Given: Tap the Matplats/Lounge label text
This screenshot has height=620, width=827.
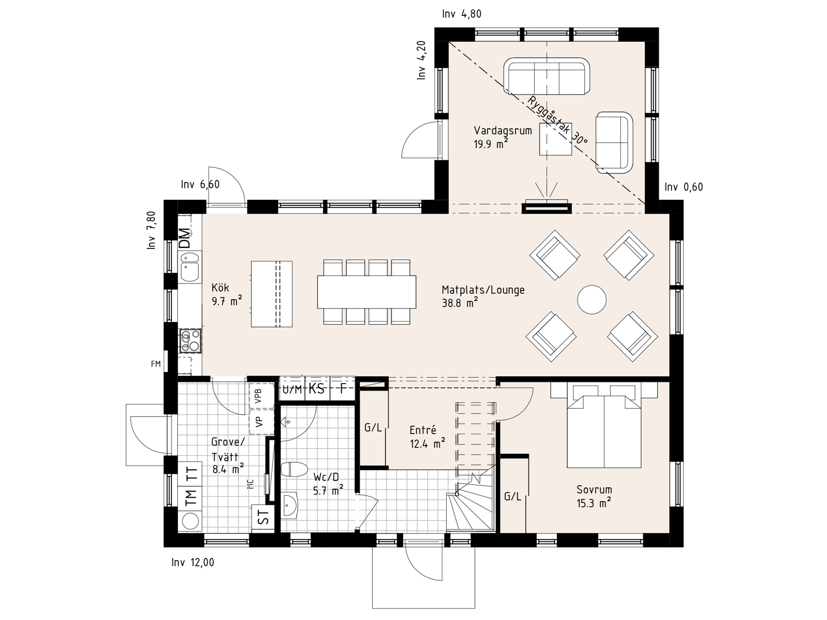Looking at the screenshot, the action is [483, 290].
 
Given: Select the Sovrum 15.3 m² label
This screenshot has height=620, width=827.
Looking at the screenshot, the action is [594, 496].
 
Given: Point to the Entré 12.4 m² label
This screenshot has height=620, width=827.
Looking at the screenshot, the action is [427, 436].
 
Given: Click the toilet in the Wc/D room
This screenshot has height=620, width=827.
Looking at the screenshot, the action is [294, 469].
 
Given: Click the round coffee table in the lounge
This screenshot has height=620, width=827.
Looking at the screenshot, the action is [592, 300].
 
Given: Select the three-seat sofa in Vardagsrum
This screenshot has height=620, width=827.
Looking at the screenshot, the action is [546, 76].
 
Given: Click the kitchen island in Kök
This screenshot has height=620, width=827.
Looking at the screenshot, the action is [272, 294].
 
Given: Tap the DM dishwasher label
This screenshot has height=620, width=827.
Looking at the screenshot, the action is [185, 238].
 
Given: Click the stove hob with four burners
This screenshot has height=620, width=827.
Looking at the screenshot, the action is [190, 341].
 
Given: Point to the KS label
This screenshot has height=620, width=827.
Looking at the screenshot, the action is [317, 388].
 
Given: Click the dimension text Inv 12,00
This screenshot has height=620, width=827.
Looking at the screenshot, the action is [193, 562].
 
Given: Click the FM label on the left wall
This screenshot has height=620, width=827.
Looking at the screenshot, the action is [156, 364].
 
